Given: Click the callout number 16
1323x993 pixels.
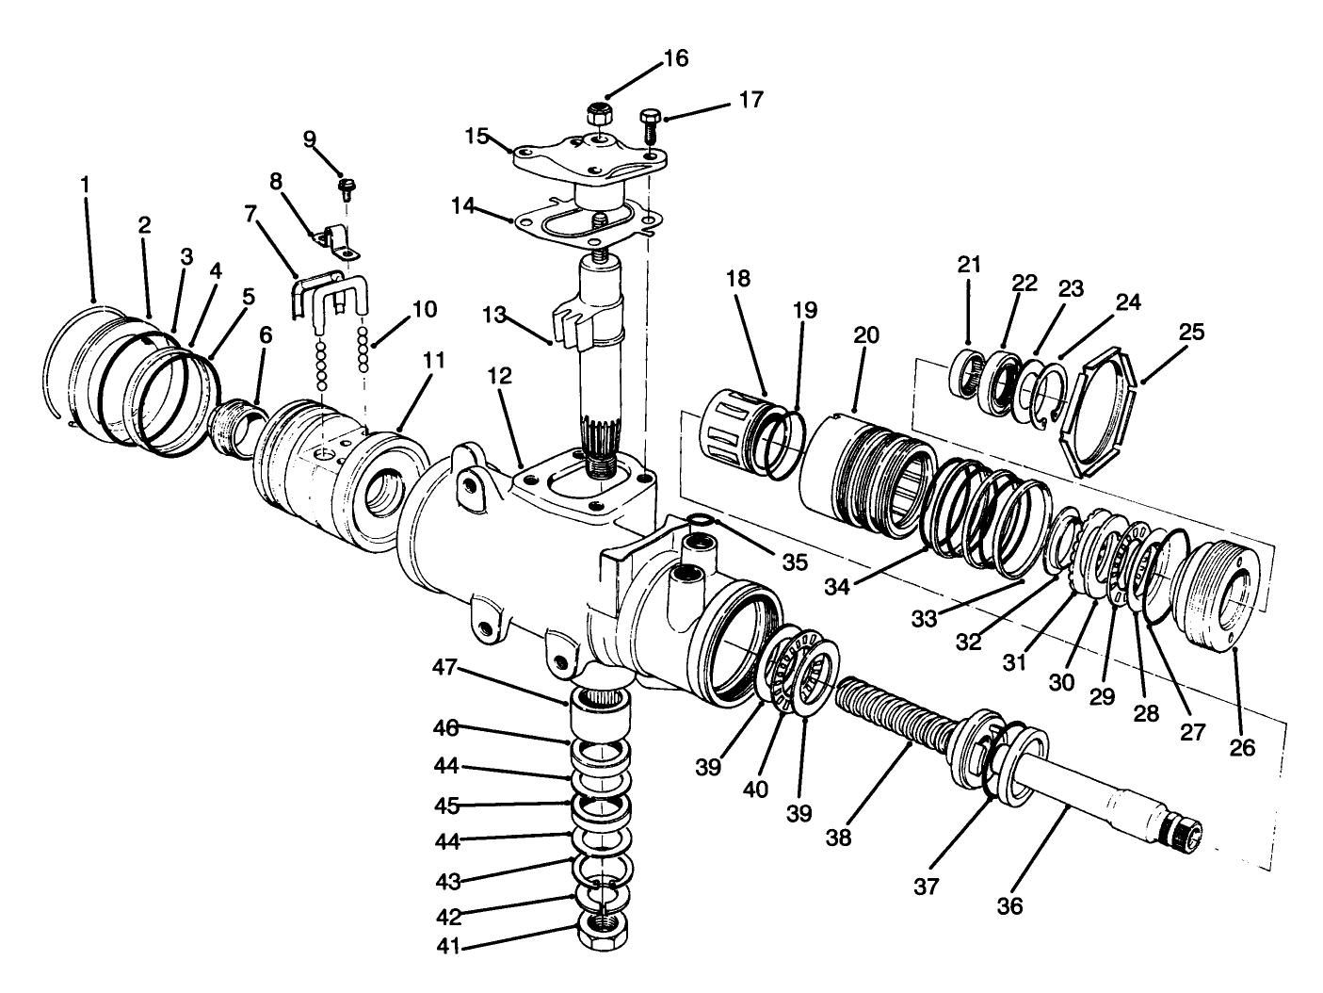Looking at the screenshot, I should click(676, 58).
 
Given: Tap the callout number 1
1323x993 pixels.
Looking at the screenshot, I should click(86, 183).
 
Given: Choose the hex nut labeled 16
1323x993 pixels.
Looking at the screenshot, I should click(600, 115).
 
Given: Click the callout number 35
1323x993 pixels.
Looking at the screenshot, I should click(795, 562).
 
